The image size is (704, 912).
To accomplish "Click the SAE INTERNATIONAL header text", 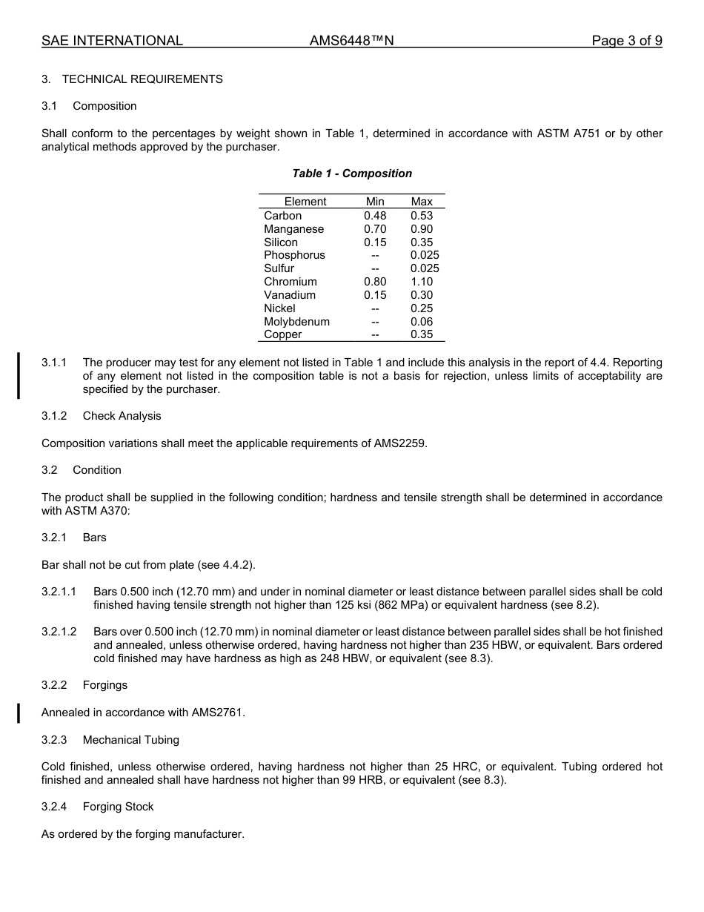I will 112,41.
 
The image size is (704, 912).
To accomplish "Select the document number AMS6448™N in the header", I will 351,41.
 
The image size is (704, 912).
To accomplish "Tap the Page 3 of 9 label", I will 627,41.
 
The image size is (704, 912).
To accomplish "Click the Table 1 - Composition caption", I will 352,174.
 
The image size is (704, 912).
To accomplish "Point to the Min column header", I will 375,202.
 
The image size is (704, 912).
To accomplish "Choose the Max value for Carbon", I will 422,216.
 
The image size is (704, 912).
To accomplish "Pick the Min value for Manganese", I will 375,229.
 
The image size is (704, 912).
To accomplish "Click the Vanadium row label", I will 290,295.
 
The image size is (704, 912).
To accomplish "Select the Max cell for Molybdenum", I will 422,322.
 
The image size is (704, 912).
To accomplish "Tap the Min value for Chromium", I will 375,282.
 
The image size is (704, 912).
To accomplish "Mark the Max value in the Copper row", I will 422,334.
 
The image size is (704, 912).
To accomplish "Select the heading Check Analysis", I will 122,416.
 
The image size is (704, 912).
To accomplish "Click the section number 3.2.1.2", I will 59,632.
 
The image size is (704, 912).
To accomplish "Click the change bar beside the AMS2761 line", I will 19,713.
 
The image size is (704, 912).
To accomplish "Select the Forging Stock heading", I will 119,807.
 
